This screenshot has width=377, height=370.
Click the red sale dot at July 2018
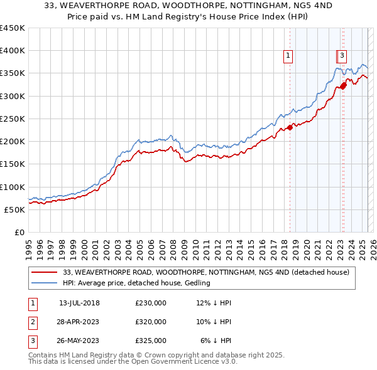coord(290,128)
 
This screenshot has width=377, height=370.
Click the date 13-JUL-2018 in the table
coord(79,303)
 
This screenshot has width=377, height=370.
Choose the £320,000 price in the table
coord(151,322)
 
